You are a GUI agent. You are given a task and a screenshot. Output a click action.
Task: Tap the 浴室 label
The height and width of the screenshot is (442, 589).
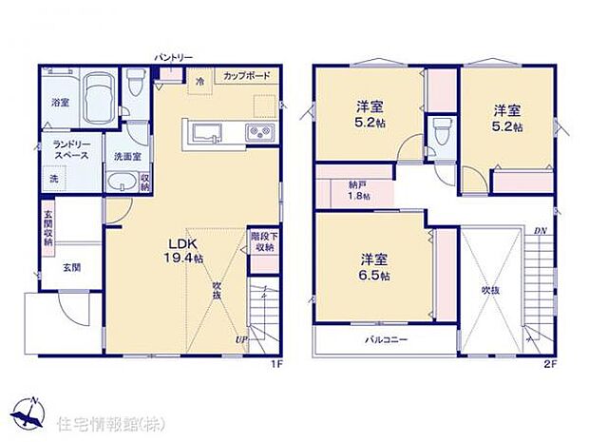[x=59, y=102]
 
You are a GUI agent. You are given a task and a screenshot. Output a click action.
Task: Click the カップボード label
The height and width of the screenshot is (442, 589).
[x=247, y=75]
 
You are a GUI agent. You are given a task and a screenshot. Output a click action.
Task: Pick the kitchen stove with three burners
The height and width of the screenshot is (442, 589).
[x=260, y=132]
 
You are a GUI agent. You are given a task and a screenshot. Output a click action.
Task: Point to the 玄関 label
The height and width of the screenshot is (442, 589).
[x=72, y=267]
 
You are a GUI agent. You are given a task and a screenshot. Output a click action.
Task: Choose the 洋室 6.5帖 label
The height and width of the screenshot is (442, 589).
[x=372, y=266]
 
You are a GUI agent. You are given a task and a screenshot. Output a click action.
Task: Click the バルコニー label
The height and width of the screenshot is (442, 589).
[x=386, y=339]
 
